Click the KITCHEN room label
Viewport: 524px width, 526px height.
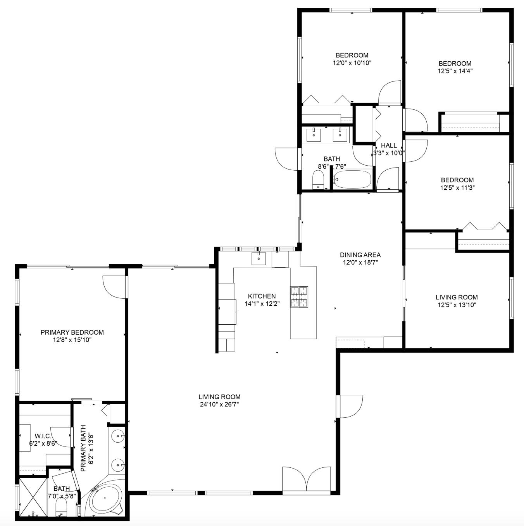coord(262,296)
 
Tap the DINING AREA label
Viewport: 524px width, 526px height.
coord(360,255)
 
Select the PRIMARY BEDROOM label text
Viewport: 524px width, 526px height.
coord(72,332)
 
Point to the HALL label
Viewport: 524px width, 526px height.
coord(389,145)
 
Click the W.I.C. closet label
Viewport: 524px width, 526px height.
coord(43,436)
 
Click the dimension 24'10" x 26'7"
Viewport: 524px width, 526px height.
coord(219,404)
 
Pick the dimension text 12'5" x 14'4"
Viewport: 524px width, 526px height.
coord(455,71)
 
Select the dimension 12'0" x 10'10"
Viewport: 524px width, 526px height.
coord(352,62)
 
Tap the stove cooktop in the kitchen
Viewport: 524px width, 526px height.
coord(299,297)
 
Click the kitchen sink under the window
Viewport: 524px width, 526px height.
coord(259,258)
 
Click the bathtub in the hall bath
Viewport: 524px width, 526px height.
coord(352,180)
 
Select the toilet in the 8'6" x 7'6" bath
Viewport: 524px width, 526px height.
coord(318,180)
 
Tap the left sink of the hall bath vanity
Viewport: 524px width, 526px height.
coord(313,135)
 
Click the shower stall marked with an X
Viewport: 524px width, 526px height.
coord(33,498)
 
